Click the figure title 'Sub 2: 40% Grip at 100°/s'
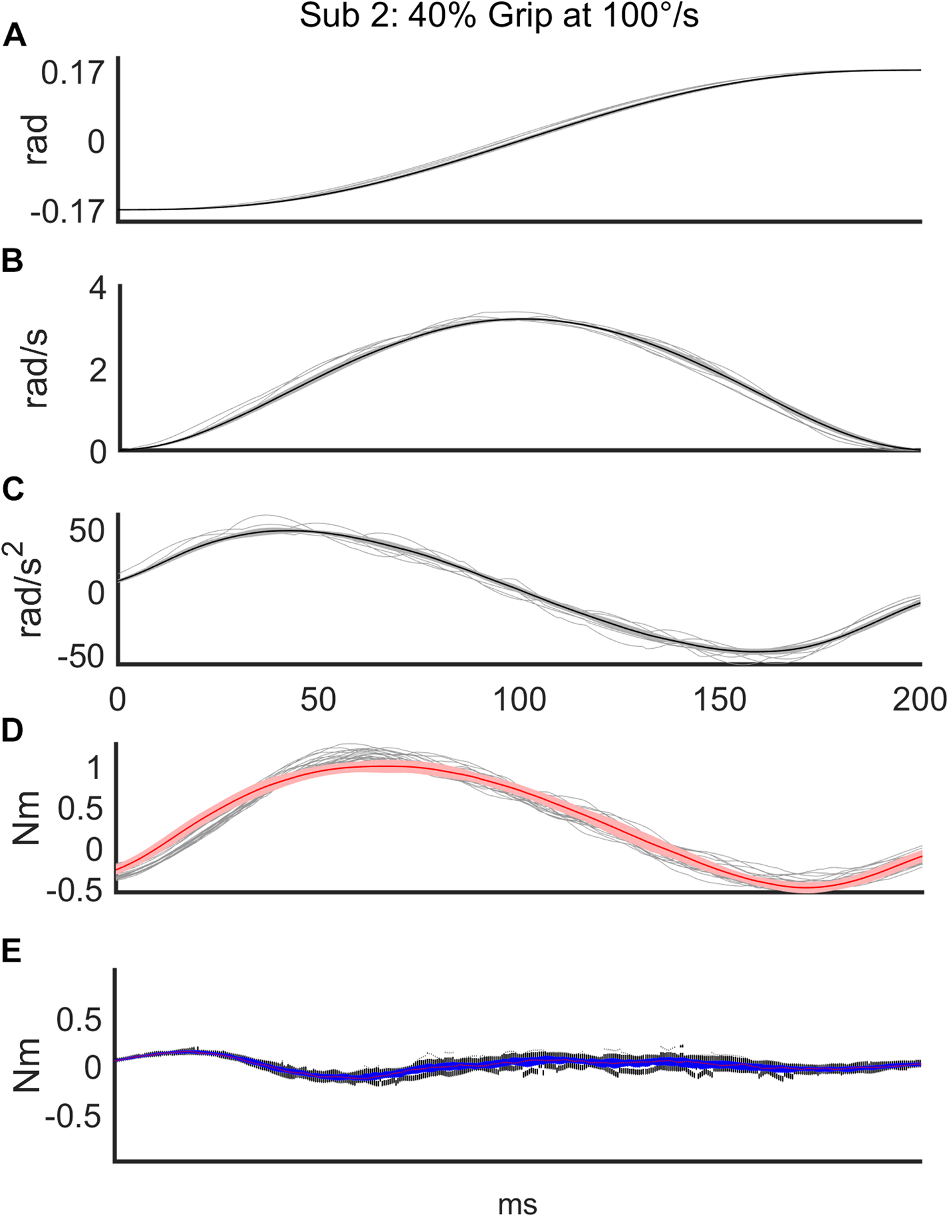tap(498, 17)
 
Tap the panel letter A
tap(14, 37)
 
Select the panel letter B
tap(13, 262)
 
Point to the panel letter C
tap(14, 490)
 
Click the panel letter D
tap(14, 732)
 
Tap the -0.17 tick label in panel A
tap(67, 211)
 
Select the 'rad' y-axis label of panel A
tap(37, 140)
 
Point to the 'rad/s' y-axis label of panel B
tap(37, 370)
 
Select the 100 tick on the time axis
tap(519, 699)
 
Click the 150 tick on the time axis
tap(719, 699)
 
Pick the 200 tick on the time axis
tap(919, 699)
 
